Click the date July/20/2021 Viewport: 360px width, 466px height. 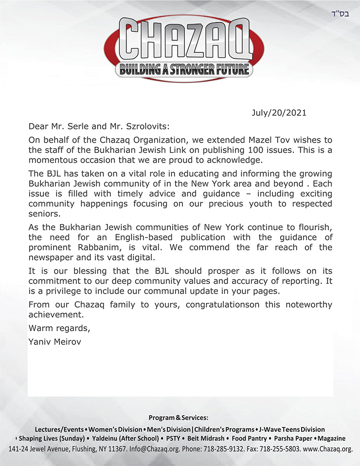[279, 113]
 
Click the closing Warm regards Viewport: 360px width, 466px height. [59, 328]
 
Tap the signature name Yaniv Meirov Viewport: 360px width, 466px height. [55, 342]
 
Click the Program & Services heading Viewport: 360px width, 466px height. [179, 418]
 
